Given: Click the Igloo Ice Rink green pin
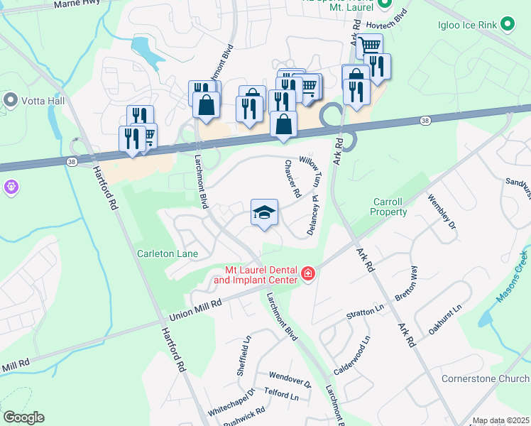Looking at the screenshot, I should coord(507,26).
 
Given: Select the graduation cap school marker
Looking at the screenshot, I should coord(264,213).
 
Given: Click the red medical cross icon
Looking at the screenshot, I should coord(307,273).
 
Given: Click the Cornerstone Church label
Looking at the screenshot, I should coord(486,378).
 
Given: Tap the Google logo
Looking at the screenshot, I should coord(23,417).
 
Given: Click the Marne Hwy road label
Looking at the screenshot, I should coord(77,4).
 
